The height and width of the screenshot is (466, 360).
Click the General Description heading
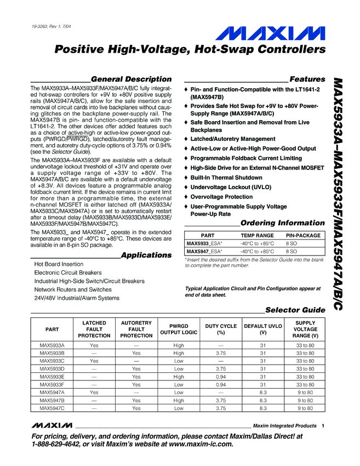[x=131, y=79]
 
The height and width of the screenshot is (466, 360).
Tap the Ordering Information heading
[x=283, y=223]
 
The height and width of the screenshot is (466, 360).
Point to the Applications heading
[x=146, y=255]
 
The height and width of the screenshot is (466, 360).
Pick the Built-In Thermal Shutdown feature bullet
[x=227, y=178]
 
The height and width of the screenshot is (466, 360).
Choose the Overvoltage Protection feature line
[x=221, y=197]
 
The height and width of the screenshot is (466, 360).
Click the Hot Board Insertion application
[x=59, y=264]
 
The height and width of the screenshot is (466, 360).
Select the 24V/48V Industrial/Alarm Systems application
[x=77, y=298]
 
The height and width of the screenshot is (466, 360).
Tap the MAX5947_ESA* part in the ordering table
[x=204, y=251]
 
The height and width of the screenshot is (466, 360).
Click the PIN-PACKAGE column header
[x=303, y=235]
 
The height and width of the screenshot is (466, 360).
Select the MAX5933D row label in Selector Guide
[x=53, y=369]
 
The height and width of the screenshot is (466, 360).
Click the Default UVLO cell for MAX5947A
[x=263, y=393]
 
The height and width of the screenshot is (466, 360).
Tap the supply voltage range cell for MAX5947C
[x=306, y=408]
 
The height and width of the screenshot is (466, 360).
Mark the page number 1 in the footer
[x=324, y=425]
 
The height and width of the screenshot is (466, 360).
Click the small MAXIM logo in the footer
[x=52, y=425]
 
